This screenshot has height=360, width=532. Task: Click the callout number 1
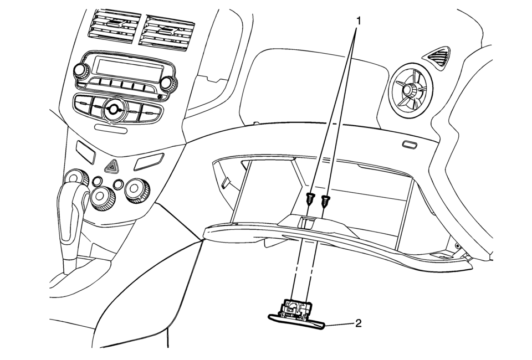359,20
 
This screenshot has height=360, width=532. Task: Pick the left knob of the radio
81,71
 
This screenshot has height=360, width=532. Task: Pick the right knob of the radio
167,84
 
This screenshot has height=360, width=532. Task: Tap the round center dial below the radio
114,109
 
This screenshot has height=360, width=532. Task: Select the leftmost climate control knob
73,178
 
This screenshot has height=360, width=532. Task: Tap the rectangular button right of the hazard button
148,161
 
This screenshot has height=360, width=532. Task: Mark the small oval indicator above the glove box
410,145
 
